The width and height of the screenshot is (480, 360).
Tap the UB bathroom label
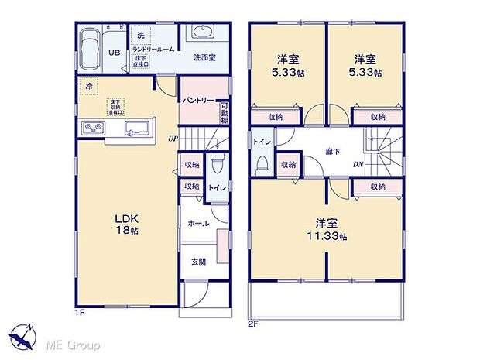click(x=113, y=53)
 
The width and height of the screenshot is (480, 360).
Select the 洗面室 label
click(x=204, y=57)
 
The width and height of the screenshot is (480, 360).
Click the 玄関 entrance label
click(x=198, y=261)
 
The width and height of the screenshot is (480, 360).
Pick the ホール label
click(x=197, y=222)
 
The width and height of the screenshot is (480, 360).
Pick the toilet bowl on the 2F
click(x=262, y=163)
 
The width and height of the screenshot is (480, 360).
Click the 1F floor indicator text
click(x=81, y=312)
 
